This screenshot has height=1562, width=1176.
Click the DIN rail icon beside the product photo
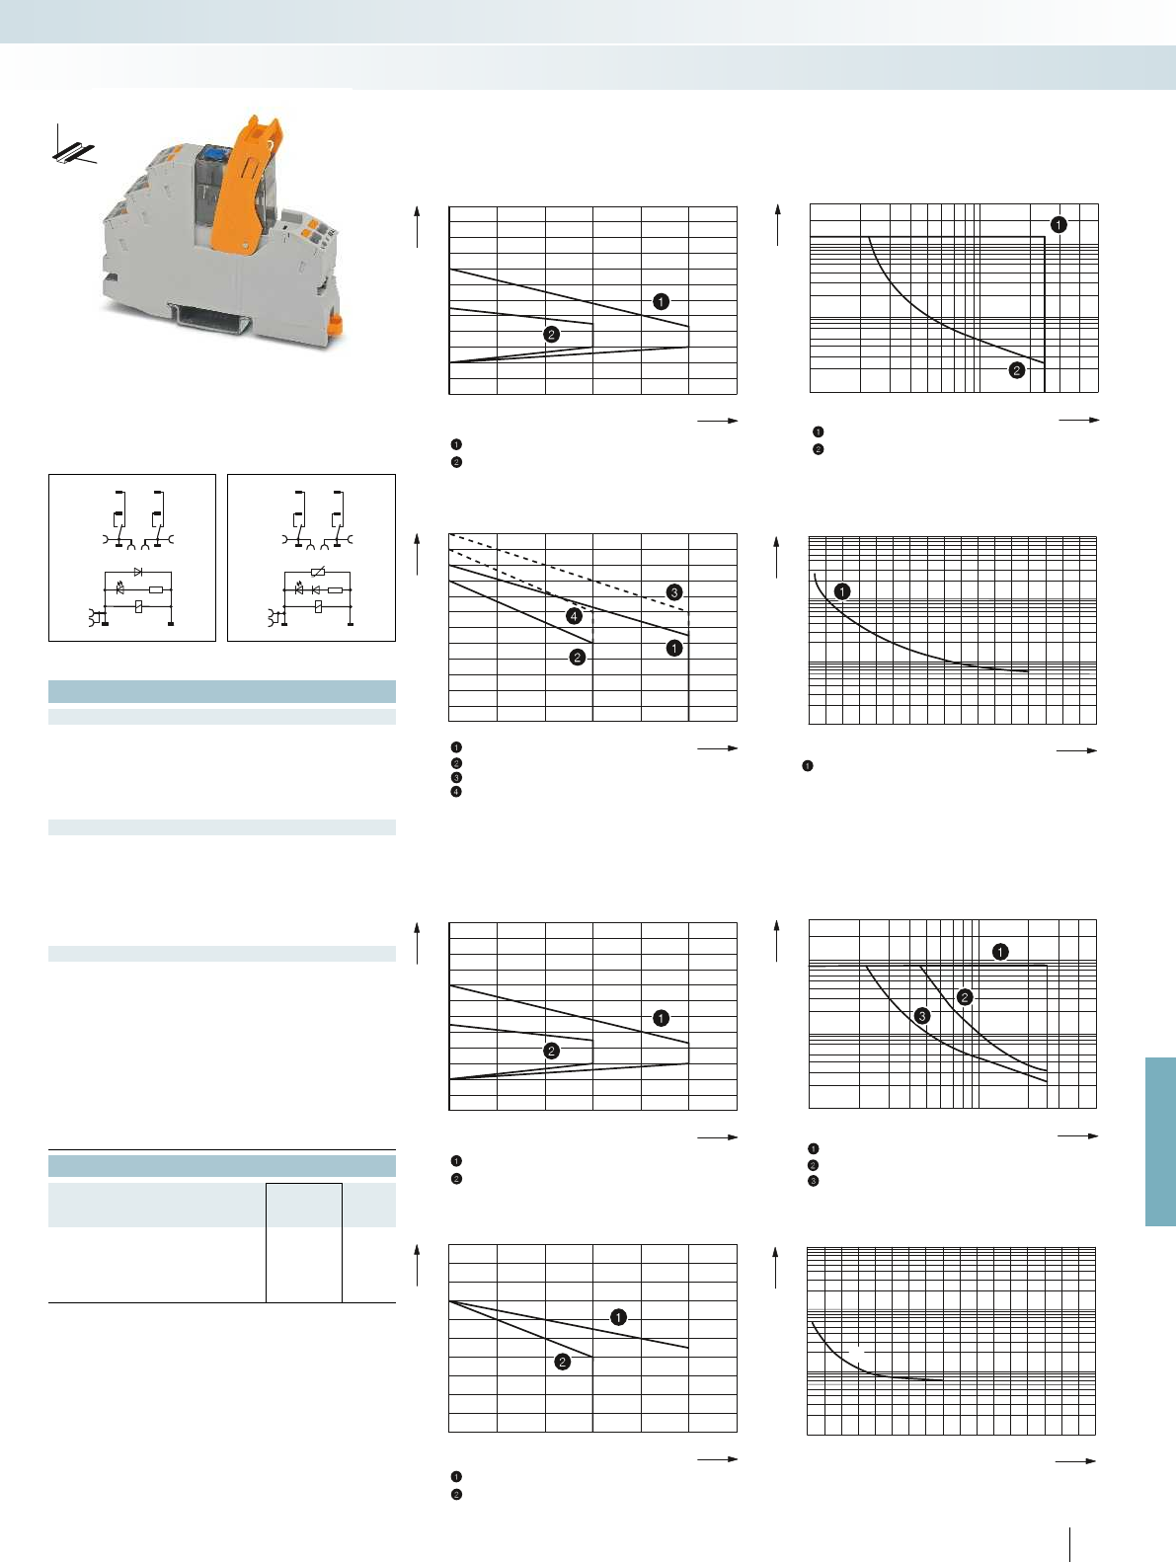click(x=72, y=149)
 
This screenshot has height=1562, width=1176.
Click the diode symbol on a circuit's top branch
click(x=138, y=572)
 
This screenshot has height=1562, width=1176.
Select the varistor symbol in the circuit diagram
click(x=317, y=572)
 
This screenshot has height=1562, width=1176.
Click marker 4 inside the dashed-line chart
click(x=574, y=616)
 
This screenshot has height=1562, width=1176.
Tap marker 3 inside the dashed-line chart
click(x=673, y=592)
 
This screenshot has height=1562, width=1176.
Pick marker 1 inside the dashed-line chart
click(x=673, y=648)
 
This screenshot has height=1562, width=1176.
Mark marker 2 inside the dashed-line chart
click(x=577, y=657)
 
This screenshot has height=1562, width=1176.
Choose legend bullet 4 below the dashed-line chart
click(x=456, y=792)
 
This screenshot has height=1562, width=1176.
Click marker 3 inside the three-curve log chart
click(x=921, y=1015)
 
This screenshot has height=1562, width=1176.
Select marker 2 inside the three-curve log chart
click(x=965, y=997)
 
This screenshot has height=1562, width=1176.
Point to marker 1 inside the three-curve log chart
click(x=1000, y=952)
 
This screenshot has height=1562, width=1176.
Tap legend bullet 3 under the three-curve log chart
click(x=814, y=1181)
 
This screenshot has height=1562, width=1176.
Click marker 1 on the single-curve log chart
click(x=841, y=591)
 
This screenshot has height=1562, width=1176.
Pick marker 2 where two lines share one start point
click(x=562, y=1362)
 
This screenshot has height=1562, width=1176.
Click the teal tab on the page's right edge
click(x=1160, y=1141)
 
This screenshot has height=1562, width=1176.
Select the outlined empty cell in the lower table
click(x=304, y=1242)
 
